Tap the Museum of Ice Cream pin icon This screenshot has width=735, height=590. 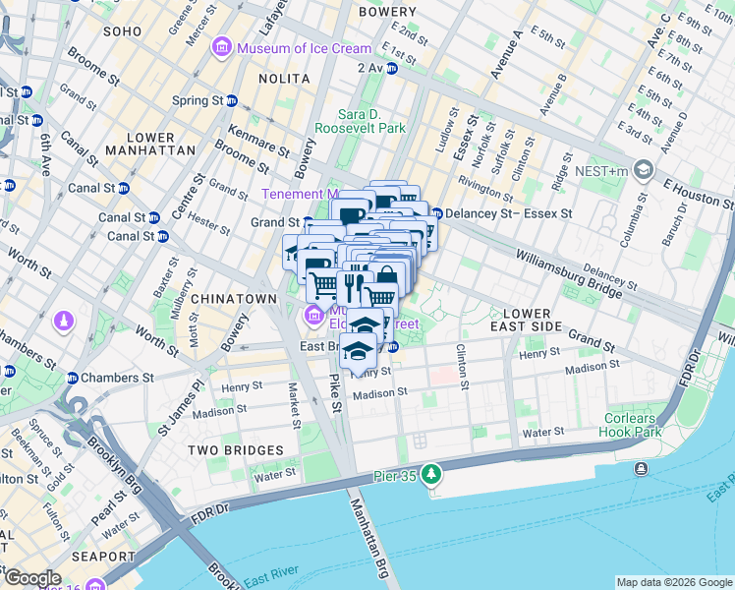[223, 48]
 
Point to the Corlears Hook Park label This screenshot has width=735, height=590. [632, 424]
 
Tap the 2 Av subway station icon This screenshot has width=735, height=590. [391, 68]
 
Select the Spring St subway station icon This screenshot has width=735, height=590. [232, 100]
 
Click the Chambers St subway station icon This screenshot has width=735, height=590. [71, 378]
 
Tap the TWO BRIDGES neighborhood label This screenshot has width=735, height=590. [237, 450]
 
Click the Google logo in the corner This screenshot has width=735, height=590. [32, 578]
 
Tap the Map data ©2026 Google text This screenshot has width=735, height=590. [673, 582]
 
